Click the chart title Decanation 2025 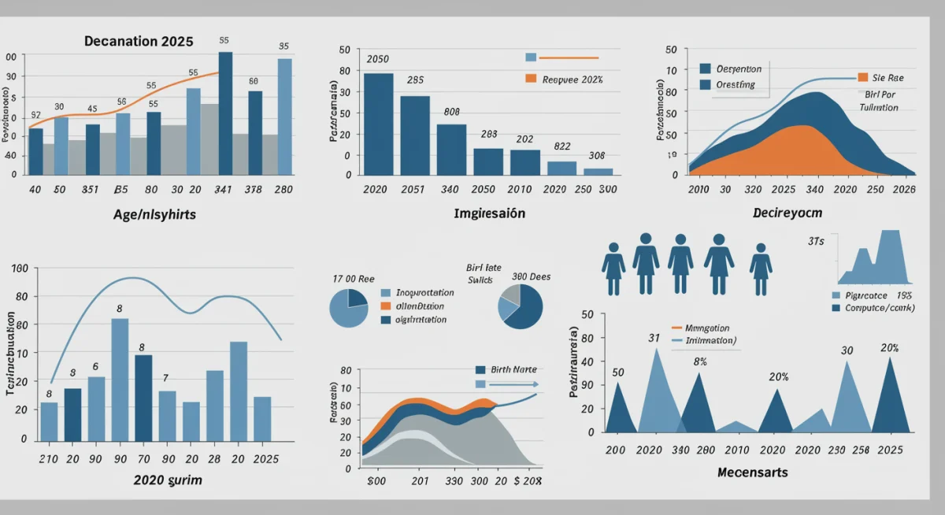click(138, 42)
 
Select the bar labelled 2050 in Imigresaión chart click(378, 123)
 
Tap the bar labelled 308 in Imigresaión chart click(598, 171)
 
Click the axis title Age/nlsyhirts click(154, 213)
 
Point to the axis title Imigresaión click(489, 213)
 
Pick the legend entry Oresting click(735, 84)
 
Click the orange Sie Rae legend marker click(862, 78)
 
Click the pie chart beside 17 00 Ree click(349, 308)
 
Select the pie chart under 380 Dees click(520, 306)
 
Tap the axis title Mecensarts click(753, 472)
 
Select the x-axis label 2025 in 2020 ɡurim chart click(265, 458)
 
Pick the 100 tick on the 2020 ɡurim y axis click(20, 269)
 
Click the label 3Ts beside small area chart click(815, 242)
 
